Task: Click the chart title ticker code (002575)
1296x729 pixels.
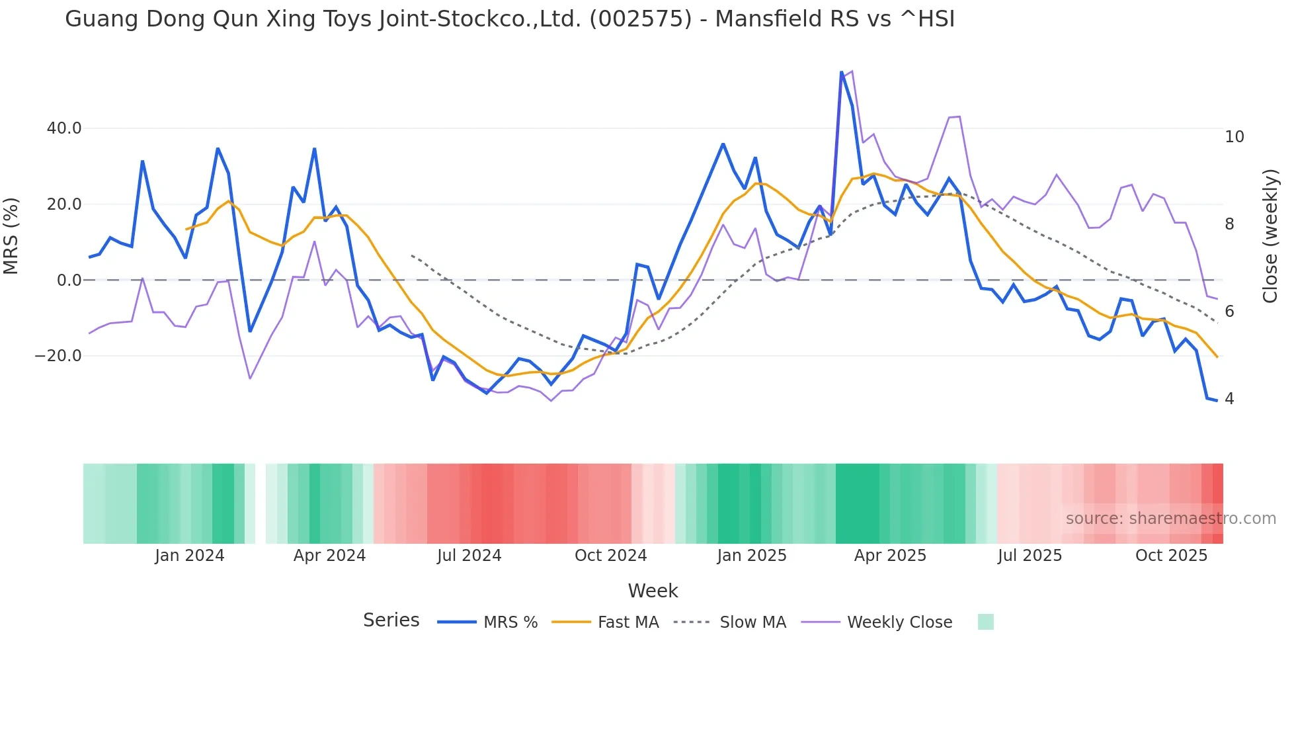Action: click(640, 19)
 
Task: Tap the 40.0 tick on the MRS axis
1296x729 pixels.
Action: click(64, 128)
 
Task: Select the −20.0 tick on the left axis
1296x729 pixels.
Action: click(58, 356)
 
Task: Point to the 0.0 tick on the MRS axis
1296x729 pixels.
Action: click(69, 280)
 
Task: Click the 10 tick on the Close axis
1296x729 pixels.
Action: click(1234, 137)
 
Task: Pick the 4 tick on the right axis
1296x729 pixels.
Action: click(1229, 399)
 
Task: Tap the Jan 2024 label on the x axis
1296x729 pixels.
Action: click(190, 556)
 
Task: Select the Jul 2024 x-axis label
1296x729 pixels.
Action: click(469, 556)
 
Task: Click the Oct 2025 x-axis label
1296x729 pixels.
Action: click(1171, 556)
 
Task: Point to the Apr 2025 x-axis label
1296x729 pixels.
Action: click(890, 556)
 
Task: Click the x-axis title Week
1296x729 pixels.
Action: click(653, 591)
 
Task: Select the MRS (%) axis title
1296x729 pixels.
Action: click(11, 236)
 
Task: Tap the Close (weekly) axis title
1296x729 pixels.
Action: click(1270, 236)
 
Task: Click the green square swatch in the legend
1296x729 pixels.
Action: click(985, 622)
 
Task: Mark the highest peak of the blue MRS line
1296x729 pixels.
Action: click(841, 72)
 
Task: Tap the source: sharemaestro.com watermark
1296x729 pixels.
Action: click(1170, 519)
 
